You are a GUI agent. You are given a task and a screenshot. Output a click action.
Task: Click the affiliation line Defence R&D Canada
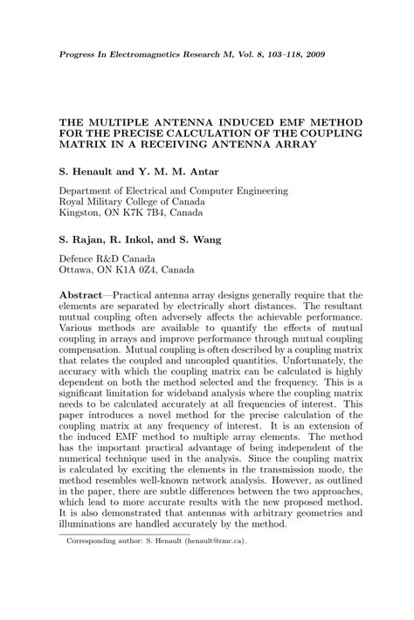tap(107, 259)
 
